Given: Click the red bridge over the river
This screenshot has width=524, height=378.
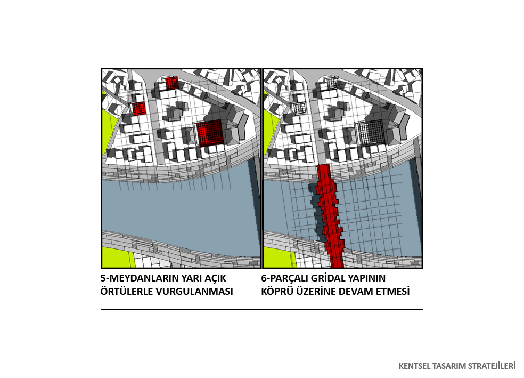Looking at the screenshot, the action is pyautogui.click(x=330, y=216).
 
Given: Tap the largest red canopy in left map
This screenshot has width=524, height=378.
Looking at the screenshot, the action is pyautogui.click(x=210, y=133).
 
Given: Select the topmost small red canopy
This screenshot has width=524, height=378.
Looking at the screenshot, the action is pyautogui.click(x=172, y=82).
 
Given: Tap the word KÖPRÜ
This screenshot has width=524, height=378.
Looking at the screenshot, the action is pyautogui.click(x=277, y=291).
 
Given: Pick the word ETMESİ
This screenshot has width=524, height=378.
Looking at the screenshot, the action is pyautogui.click(x=392, y=291).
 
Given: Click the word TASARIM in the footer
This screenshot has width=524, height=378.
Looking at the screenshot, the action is pyautogui.click(x=449, y=366).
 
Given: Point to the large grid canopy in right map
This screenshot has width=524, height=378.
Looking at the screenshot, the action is pyautogui.click(x=370, y=132).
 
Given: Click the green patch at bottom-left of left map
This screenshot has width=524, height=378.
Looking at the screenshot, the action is pyautogui.click(x=118, y=258).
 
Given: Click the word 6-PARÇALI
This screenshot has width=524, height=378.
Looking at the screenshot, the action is pyautogui.click(x=285, y=278).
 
